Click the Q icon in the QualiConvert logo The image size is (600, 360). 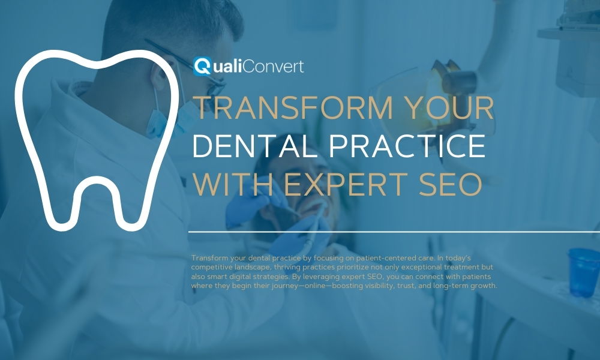(x=202, y=65)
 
